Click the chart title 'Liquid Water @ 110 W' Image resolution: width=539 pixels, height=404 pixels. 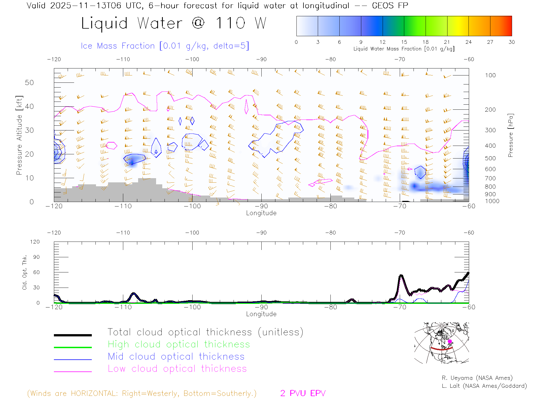(x=173, y=23)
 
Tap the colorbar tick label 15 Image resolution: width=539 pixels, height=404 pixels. (x=404, y=42)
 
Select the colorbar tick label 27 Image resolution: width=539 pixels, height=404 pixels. (x=490, y=42)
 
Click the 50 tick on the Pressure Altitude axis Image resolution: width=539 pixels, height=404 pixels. (x=29, y=82)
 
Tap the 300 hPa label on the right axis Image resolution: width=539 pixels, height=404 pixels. (x=490, y=130)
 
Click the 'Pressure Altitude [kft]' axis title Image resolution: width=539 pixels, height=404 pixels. (x=19, y=135)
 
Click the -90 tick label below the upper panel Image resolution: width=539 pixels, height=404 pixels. (x=261, y=206)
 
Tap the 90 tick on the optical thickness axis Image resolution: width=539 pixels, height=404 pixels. (x=36, y=257)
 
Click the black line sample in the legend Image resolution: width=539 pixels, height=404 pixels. (x=73, y=335)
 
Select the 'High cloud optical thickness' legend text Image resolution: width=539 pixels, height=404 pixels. (x=179, y=344)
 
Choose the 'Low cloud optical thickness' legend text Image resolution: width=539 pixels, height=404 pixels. (x=177, y=369)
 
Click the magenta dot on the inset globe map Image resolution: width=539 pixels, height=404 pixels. (x=450, y=341)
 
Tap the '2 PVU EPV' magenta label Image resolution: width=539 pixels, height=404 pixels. (x=303, y=393)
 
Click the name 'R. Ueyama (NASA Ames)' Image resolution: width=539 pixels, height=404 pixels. (x=477, y=378)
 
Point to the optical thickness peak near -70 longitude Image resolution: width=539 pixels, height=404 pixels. (x=401, y=276)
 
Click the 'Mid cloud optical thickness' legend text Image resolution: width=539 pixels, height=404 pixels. (x=176, y=357)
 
